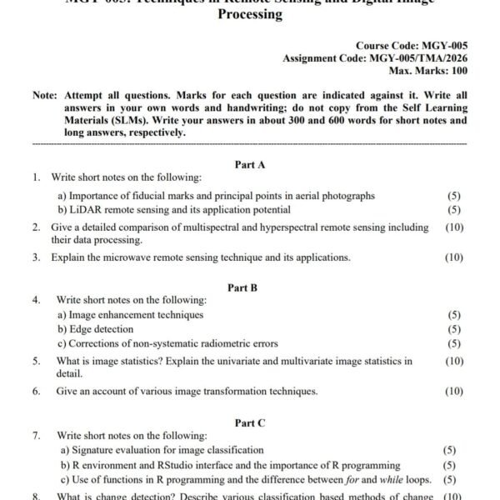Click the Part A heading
point(250,164)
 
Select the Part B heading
point(242,287)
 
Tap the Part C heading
point(250,423)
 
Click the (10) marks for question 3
point(454,257)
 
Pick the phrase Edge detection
point(101,329)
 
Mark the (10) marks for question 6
point(454,391)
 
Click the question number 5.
point(37,361)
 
